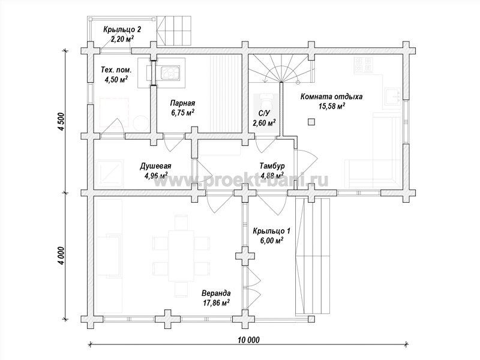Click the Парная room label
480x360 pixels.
pyautogui.click(x=182, y=103)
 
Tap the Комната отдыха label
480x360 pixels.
pyautogui.click(x=331, y=97)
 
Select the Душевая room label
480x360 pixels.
pyautogui.click(x=155, y=166)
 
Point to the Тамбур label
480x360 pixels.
pyautogui.click(x=272, y=166)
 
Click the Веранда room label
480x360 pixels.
pyautogui.click(x=216, y=293)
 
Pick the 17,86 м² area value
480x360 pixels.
pyautogui.click(x=216, y=303)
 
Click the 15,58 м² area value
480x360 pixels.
pyautogui.click(x=332, y=106)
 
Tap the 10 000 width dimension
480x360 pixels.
pyautogui.click(x=248, y=340)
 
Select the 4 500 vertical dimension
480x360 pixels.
pyautogui.click(x=61, y=122)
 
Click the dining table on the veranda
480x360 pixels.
pyautogui.click(x=181, y=256)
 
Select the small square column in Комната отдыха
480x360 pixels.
pyautogui.click(x=311, y=122)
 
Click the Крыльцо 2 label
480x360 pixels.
pyautogui.click(x=122, y=29)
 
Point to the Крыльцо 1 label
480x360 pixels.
pyautogui.click(x=272, y=231)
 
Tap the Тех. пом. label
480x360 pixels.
pyautogui.click(x=116, y=70)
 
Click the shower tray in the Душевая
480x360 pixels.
pyautogui.click(x=109, y=173)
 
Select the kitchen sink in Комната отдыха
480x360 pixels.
pyautogui.click(x=392, y=97)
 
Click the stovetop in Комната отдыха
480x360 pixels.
pyautogui.click(x=363, y=65)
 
